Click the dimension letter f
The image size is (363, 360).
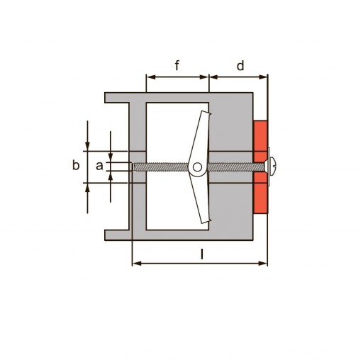177,65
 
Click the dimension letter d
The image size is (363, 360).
240,66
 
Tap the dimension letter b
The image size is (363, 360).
76,165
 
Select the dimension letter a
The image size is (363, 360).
99,166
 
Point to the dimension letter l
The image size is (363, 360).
202,254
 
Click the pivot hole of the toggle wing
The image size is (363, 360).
197,167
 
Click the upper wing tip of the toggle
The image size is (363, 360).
206,113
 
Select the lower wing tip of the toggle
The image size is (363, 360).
206,221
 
